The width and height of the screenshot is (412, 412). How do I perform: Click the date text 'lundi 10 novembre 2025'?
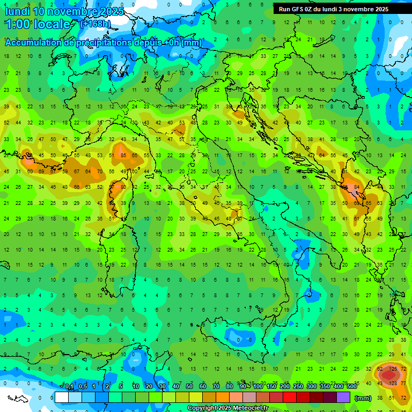pyautogui.click(x=64, y=11)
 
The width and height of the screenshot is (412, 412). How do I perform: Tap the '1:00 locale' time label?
pyautogui.click(x=37, y=24)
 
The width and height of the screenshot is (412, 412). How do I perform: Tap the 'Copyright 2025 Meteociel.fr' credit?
pyautogui.click(x=227, y=408)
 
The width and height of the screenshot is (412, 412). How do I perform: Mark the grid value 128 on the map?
pyautogui.click(x=393, y=382)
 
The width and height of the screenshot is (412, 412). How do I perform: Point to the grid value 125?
pyautogui.click(x=393, y=369)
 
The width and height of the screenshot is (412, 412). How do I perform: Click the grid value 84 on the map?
pyautogui.click(x=357, y=187)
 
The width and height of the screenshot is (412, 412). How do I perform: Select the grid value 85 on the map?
pyautogui.click(x=123, y=156)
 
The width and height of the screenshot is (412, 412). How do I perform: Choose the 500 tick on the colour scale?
pyautogui.click(x=352, y=387)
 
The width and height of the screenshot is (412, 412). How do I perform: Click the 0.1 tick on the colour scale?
pyautogui.click(x=69, y=387)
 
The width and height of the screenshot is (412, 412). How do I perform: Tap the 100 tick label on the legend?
pyautogui.click(x=257, y=387)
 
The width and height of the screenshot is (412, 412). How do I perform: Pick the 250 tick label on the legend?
pyautogui.click(x=298, y=387)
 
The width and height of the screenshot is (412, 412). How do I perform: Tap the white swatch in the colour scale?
pyautogui.click(x=62, y=398)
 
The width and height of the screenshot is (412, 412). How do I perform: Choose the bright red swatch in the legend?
pyautogui.click(x=290, y=398)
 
